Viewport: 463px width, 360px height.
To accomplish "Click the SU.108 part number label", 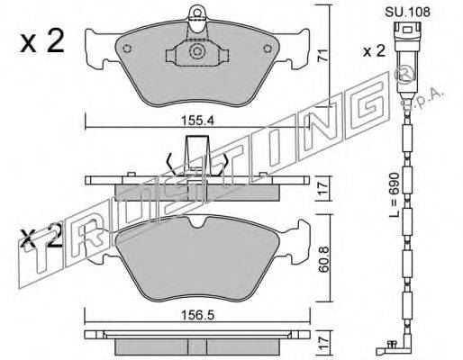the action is pos(407,12).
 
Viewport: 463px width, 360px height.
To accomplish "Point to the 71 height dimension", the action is pos(322,56).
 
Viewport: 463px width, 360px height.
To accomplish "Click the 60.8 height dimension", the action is pos(324,259).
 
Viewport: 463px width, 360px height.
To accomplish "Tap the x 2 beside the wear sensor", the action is pos(374,51).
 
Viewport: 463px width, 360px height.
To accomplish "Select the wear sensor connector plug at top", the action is pos(407,36).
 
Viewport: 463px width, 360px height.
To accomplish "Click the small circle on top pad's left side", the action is pos(127,49).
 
